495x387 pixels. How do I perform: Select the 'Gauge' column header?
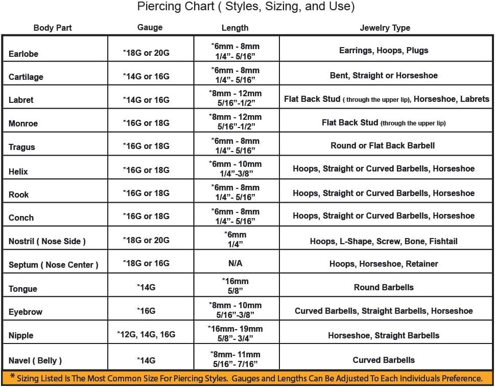coord(150,28)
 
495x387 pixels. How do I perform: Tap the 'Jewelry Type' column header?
coord(385,28)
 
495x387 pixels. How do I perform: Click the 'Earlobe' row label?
coord(23,54)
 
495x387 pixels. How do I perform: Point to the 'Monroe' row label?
coord(23,123)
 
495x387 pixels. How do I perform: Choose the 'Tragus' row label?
coord(22,147)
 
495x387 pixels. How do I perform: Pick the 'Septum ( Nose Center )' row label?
coord(53,265)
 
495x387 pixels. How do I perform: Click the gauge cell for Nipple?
coord(147,335)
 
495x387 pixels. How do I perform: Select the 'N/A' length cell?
coord(235,264)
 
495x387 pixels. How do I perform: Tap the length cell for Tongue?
coord(235,286)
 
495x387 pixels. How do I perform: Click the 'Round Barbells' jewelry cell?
coord(384,287)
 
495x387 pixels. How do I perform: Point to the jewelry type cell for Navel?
coord(384,360)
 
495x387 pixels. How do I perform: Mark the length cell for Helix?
coord(235,168)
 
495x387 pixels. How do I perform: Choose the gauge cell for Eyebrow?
coord(147,311)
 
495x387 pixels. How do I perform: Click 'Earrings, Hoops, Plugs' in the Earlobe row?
coord(384,51)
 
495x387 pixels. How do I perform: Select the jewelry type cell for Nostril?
coord(384,241)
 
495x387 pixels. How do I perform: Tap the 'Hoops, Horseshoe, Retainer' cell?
coord(384,264)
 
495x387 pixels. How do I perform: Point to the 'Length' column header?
coord(235,28)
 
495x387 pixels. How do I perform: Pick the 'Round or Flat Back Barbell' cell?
coord(383,145)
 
